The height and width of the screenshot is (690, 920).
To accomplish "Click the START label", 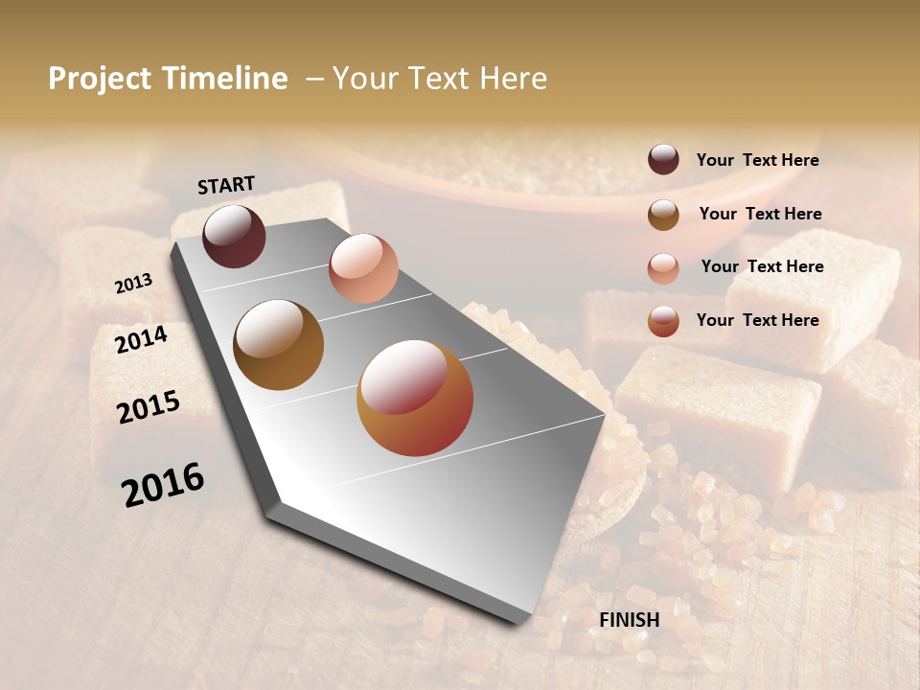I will tap(226, 185).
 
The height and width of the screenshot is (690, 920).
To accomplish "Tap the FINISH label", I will tap(629, 620).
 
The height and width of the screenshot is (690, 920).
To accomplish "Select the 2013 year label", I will tap(133, 284).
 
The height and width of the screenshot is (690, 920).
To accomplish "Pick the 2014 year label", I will tap(141, 339).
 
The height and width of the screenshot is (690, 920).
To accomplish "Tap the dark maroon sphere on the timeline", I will tap(234, 237).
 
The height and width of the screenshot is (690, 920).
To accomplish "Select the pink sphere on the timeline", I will tap(363, 268).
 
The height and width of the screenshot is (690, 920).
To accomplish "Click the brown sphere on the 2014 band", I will tap(279, 345).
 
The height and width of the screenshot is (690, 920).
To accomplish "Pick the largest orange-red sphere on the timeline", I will tap(415, 398).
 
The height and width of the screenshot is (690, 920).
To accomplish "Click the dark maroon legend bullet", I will tap(663, 160).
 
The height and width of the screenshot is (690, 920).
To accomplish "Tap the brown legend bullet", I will tap(663, 215).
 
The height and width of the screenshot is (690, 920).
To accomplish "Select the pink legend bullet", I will tap(663, 268).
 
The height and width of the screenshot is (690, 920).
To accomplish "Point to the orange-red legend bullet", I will tap(663, 321).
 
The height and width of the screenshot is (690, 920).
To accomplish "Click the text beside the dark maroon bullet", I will tap(757, 161).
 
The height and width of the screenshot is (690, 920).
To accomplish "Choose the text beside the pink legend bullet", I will tap(762, 266).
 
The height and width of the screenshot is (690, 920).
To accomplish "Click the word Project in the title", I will tap(101, 79).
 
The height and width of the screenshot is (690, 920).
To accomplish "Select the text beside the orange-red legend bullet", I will tap(757, 320).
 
